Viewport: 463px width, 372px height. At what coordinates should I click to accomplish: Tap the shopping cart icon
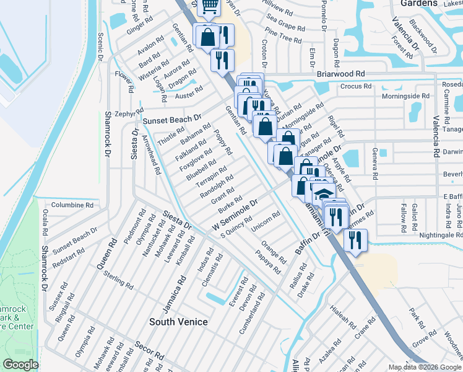(x=209, y=6)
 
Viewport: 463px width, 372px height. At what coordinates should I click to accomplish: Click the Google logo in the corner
(x=21, y=365)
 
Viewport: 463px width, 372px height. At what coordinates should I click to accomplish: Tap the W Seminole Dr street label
(x=235, y=217)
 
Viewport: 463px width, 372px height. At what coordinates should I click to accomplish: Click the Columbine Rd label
(x=72, y=205)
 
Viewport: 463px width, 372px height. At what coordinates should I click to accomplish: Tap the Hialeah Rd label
(x=344, y=317)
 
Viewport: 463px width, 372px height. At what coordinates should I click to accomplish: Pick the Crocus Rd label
(x=356, y=86)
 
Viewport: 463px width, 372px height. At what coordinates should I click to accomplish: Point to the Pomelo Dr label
(x=323, y=15)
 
